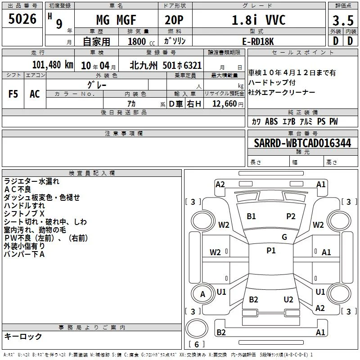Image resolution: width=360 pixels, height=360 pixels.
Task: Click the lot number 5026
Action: (x=22, y=18)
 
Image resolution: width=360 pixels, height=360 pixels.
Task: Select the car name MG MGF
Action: (x=116, y=20)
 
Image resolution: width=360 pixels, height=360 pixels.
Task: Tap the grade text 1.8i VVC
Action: (x=258, y=20)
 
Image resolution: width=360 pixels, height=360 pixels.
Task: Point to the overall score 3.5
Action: (x=343, y=20)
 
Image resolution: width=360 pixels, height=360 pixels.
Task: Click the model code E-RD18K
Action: (x=258, y=41)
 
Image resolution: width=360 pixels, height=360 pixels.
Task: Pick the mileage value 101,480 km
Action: (x=53, y=65)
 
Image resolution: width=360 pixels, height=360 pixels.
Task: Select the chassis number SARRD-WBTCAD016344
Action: (x=302, y=143)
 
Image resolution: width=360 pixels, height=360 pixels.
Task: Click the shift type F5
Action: (x=13, y=94)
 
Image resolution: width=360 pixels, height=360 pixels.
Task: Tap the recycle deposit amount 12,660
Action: (x=225, y=104)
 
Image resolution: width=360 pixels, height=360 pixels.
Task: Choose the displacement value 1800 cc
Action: (x=141, y=41)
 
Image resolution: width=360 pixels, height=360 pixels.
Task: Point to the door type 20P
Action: (x=174, y=20)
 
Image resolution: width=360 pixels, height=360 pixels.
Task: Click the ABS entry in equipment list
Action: (x=271, y=121)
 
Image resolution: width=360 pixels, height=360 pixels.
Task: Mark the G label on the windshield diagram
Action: (x=284, y=237)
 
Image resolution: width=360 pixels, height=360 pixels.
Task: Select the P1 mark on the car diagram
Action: (x=271, y=251)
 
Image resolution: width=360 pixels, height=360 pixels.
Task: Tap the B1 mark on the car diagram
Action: (x=251, y=216)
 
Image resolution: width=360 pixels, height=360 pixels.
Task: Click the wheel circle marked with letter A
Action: (x=203, y=294)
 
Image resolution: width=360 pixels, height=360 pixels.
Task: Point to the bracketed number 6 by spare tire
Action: (x=197, y=344)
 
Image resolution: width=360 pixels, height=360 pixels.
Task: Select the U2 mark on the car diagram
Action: (x=288, y=299)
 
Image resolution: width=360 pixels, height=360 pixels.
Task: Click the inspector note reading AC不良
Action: (x=18, y=189)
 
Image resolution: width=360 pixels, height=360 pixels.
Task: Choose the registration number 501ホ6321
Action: (x=182, y=65)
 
